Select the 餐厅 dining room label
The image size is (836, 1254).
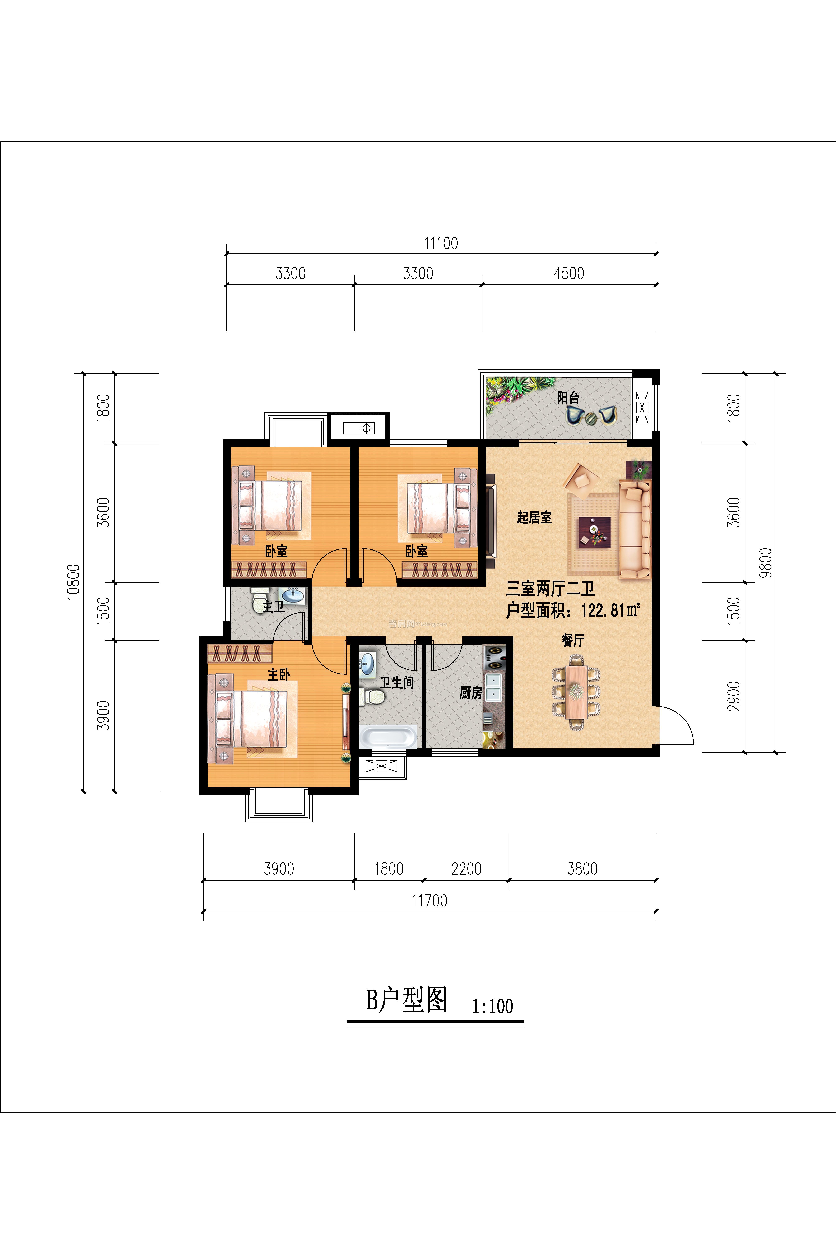[573, 640]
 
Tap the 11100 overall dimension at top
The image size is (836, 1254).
[441, 244]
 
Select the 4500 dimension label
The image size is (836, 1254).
[569, 274]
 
